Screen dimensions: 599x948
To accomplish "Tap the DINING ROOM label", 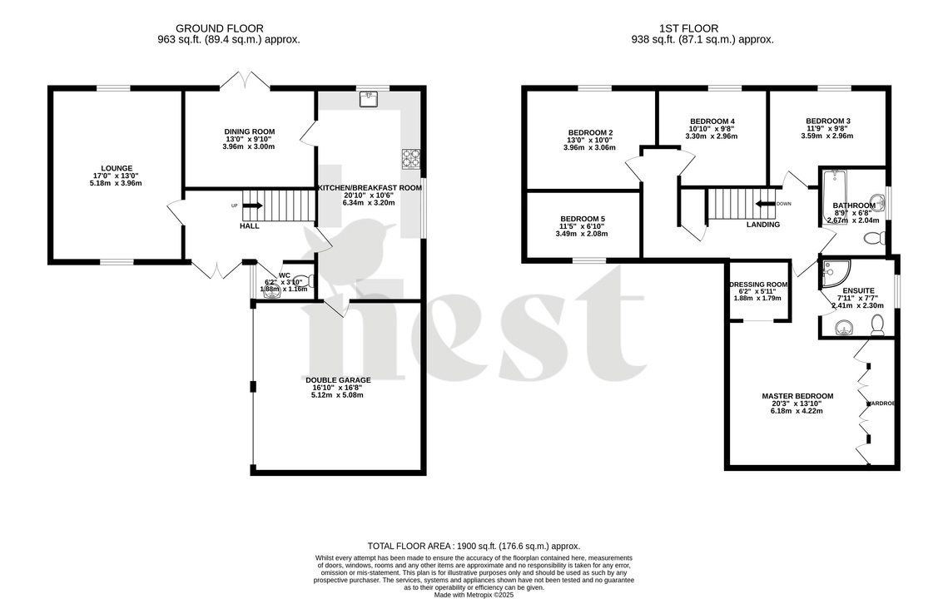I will click(x=249, y=131).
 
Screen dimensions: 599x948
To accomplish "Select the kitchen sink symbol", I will click(x=369, y=100).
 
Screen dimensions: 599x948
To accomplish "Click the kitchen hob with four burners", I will click(x=411, y=158).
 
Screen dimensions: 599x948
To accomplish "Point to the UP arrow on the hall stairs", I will click(x=252, y=205).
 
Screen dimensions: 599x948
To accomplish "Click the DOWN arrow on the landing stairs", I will click(x=765, y=204).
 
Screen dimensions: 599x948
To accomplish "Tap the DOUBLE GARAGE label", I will click(x=337, y=380).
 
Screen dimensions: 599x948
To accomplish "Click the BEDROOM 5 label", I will click(x=582, y=219).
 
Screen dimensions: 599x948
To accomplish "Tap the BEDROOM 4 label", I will click(x=710, y=121).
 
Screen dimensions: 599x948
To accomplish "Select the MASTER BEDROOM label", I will click(x=797, y=396).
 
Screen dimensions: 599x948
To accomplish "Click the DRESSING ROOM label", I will click(x=758, y=285).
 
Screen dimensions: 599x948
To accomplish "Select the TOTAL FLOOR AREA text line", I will click(x=474, y=546).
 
